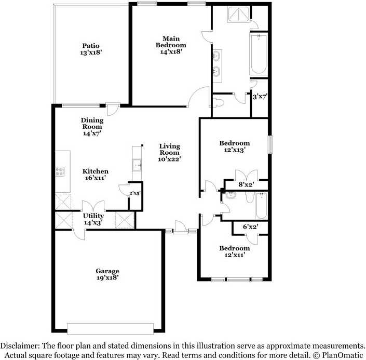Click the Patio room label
point(91,49)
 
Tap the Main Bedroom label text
point(171,45)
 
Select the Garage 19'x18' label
point(107,274)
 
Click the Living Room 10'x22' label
point(169,153)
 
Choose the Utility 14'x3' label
point(93,219)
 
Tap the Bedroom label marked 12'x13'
point(234,146)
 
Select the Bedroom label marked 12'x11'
point(234,251)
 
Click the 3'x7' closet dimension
point(259,97)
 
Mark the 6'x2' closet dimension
point(250,226)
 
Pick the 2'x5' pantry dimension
point(134,193)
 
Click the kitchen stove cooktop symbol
point(60,171)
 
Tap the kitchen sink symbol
point(138,165)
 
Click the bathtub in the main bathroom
point(258,55)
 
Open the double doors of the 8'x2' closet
point(246,175)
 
